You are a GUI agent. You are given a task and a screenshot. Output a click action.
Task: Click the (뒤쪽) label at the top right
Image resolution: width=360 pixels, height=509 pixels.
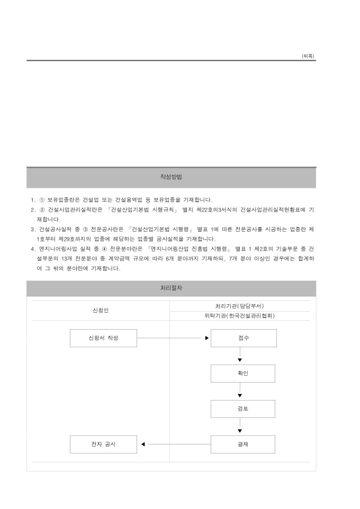308,56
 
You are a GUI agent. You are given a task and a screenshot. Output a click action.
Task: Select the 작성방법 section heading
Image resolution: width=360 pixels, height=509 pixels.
171,177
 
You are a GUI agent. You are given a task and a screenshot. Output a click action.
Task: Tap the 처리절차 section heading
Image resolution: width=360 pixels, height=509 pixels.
171,288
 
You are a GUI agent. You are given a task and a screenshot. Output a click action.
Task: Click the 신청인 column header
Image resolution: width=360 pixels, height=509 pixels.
101,311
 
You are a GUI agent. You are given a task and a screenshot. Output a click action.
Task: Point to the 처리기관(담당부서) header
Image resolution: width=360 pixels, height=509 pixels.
240,306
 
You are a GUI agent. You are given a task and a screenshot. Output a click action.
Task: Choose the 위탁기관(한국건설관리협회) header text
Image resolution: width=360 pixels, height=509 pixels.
240,316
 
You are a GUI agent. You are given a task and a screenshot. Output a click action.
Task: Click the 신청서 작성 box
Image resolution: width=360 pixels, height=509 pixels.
103,338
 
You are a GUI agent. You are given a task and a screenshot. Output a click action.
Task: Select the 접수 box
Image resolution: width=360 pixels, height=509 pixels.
244,338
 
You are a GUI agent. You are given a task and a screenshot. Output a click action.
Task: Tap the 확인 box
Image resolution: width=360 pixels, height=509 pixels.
242,373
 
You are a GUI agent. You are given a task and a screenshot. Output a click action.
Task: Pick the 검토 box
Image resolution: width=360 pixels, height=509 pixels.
242,408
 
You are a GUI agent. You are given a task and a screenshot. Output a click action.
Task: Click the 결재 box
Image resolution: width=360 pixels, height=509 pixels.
242,444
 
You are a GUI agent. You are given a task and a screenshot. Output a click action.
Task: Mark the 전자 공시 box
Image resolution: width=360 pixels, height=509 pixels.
103,444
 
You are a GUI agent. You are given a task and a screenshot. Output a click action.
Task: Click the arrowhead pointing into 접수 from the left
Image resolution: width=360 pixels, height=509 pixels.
207,338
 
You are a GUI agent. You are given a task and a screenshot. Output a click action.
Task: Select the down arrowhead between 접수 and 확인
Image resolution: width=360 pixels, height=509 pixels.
240,360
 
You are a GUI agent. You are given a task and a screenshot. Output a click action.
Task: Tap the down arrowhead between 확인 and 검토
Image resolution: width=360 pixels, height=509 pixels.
240,395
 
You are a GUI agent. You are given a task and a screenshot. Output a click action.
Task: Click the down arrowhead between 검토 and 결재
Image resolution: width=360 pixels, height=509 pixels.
240,431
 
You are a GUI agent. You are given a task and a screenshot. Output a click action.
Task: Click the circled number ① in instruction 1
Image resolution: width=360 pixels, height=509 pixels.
42,200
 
